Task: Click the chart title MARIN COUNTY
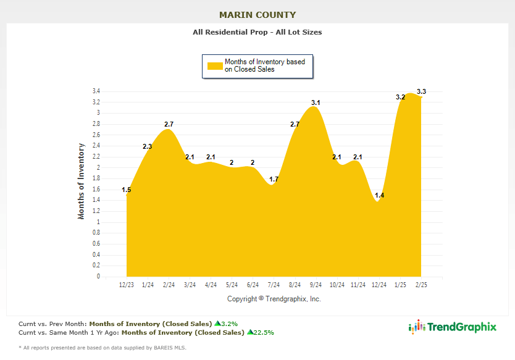point(257,15)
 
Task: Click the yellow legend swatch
point(214,65)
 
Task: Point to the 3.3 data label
point(421,91)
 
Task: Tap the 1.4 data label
point(379,195)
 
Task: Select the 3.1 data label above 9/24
point(316,103)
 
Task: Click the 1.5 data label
point(126,190)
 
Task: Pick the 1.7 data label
point(274,179)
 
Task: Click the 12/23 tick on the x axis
point(126,285)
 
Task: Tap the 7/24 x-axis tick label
point(274,285)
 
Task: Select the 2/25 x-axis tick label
point(421,285)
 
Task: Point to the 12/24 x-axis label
point(379,285)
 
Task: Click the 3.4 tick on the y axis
point(96,91)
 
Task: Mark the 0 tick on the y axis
point(98,277)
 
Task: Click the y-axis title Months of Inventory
point(81,181)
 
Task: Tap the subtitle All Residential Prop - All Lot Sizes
point(257,32)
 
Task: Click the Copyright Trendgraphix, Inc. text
point(274,299)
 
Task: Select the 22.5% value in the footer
point(263,332)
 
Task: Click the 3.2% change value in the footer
point(228,323)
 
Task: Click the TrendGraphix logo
point(453,327)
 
